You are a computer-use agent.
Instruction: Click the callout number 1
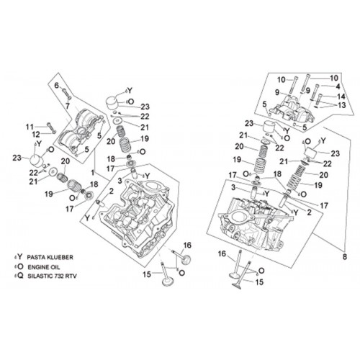pos(92,173)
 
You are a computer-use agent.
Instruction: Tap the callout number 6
pos(57,86)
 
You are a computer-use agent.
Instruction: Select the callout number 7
pos(68,106)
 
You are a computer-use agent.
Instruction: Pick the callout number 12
pos(36,135)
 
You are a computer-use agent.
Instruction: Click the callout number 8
pos(345,256)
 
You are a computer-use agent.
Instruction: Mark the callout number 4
pos(338,86)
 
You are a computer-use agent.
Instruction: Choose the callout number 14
pos(341,96)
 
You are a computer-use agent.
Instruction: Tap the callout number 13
pos(341,105)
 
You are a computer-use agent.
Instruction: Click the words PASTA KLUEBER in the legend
pos(50,257)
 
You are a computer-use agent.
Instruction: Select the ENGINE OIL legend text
pos(44,267)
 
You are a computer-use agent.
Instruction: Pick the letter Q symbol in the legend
pos(21,276)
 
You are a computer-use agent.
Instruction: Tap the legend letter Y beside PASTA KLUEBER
pos(20,257)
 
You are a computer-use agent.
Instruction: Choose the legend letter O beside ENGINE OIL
pos(21,266)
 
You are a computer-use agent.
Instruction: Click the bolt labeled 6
pos(66,94)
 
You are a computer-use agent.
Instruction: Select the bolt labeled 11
pos(51,127)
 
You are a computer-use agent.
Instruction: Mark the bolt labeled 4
pos(315,91)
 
